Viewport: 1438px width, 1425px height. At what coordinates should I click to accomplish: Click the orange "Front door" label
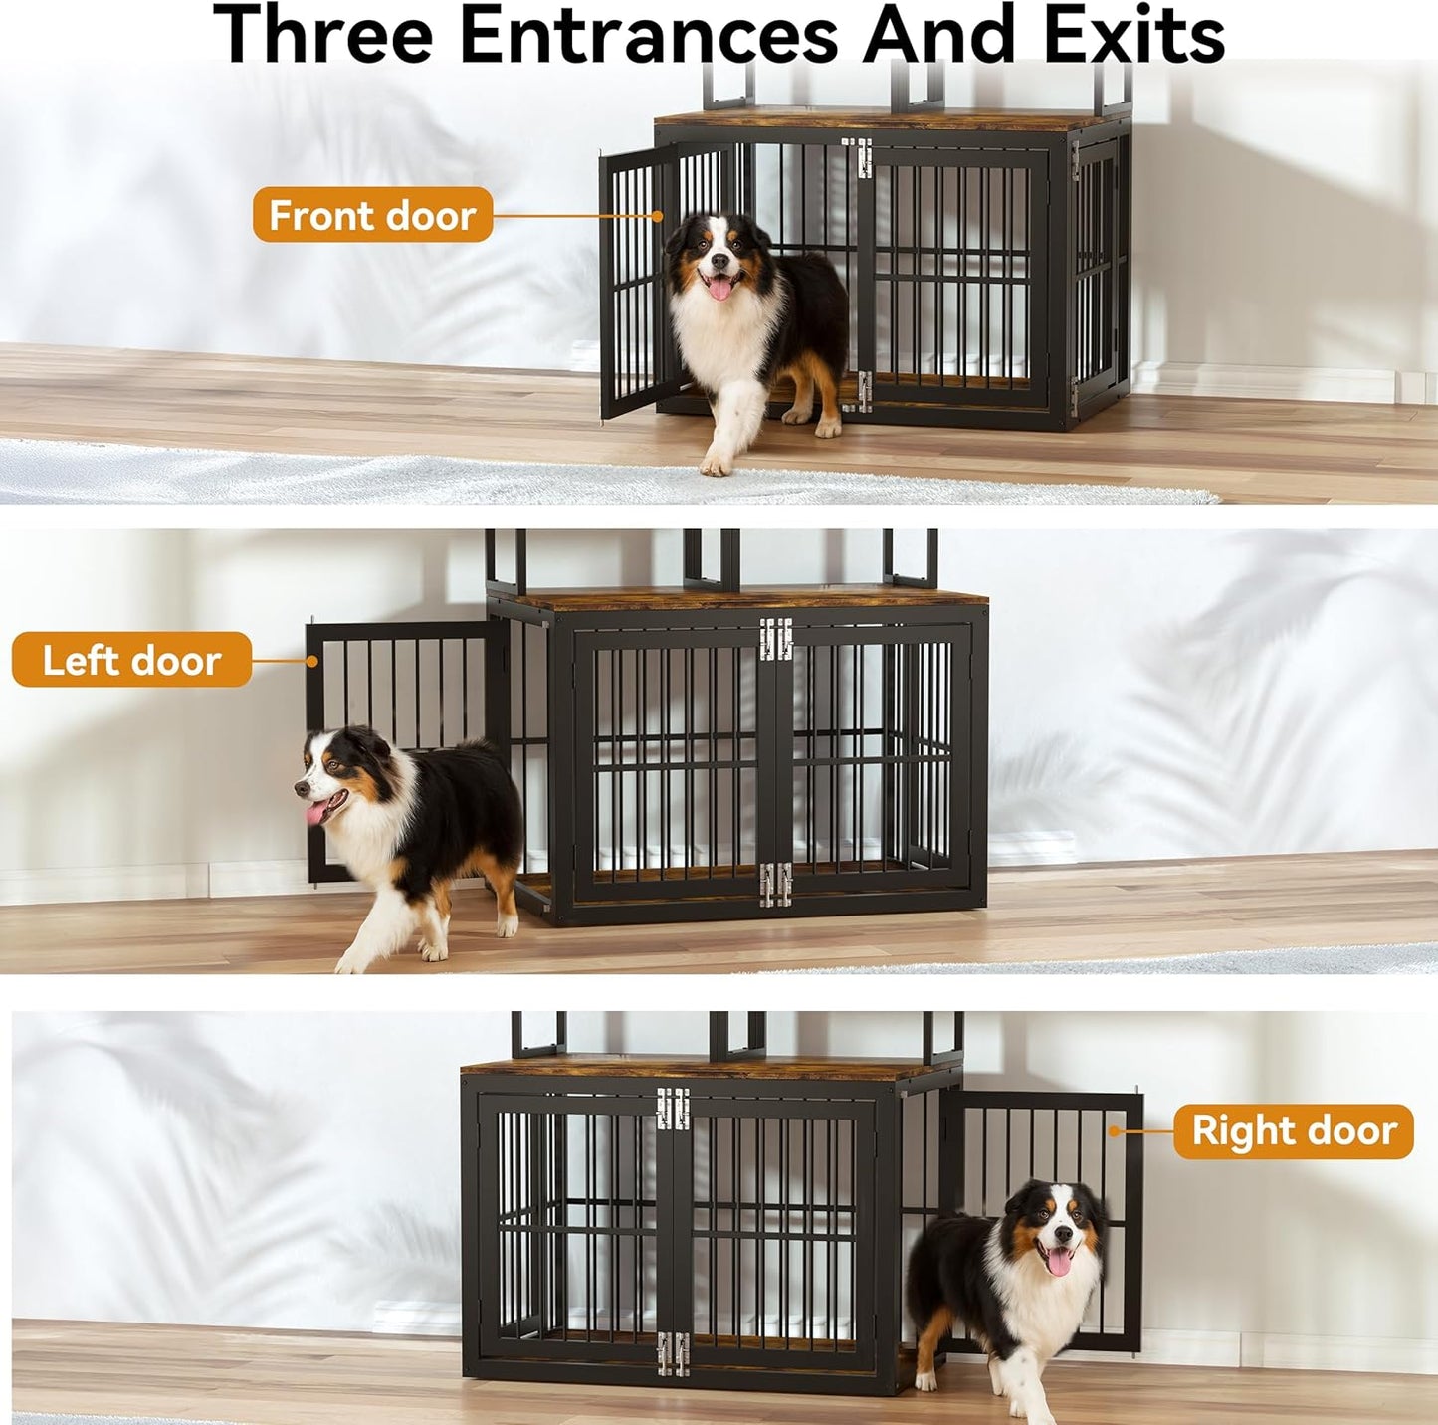click(372, 215)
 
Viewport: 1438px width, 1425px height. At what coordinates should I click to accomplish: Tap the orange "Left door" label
click(131, 660)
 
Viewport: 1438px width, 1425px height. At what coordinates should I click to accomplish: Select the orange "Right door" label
click(1294, 1131)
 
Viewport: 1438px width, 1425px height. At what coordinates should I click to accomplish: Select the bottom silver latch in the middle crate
click(775, 885)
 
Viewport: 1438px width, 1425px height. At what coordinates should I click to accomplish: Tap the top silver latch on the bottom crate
click(673, 1109)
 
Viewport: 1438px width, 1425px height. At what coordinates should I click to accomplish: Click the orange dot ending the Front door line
click(658, 215)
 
